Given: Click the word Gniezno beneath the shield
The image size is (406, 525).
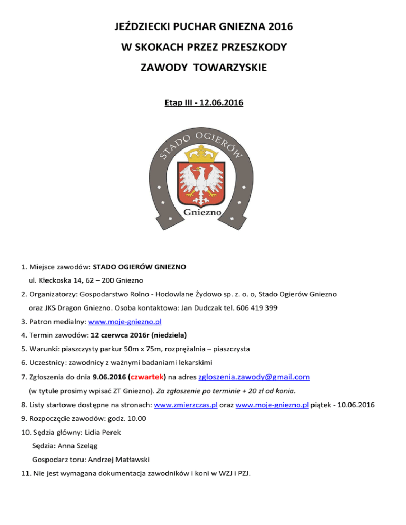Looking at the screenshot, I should pos(203,213).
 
